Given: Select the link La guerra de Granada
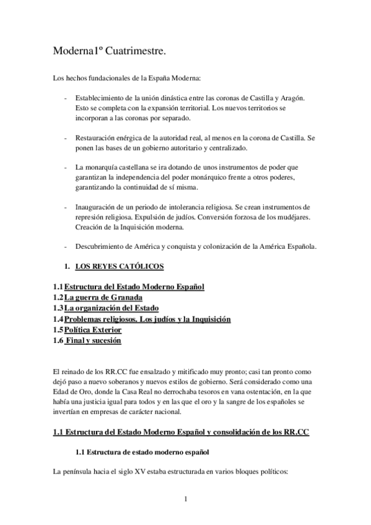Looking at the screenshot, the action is [104, 297].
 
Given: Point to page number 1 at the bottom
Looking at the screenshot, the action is [185, 498].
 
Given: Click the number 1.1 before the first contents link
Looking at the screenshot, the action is [58, 287].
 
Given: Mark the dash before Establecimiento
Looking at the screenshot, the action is [66, 99].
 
